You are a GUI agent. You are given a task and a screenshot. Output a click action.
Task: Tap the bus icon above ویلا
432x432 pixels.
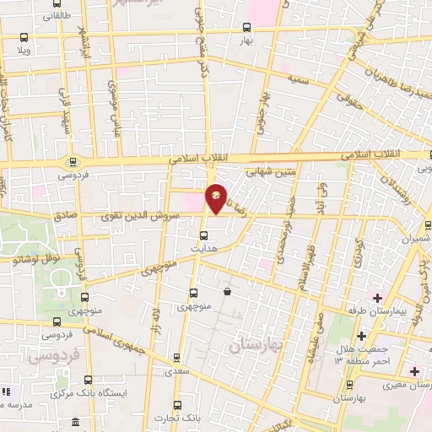(23, 38)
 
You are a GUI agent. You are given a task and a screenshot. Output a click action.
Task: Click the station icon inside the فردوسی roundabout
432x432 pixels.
(73, 162)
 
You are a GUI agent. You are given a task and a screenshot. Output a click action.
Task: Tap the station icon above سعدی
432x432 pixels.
(176, 357)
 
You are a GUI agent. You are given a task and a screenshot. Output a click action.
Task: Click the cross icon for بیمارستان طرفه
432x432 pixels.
(378, 297)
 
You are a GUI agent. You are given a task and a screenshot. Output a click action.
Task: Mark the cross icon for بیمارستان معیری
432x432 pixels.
(413, 371)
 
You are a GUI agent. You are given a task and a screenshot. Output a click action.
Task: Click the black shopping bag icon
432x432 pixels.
(228, 292)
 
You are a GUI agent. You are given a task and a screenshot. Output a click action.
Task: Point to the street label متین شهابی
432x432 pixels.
(272, 172)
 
